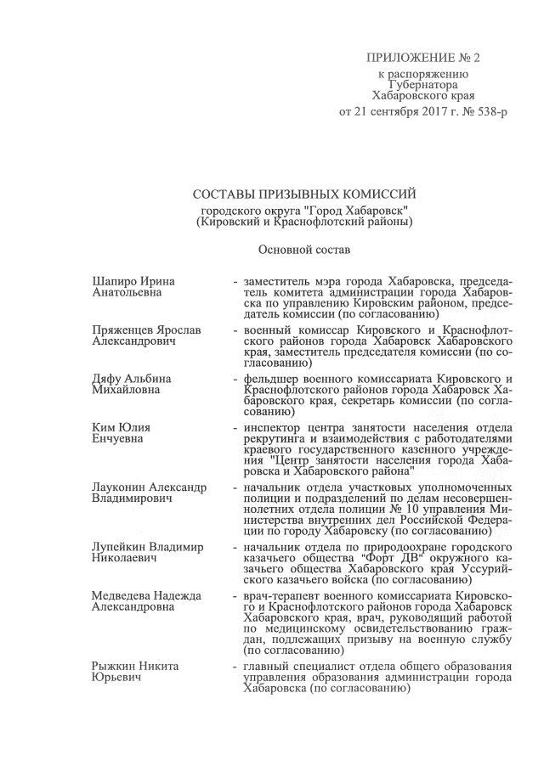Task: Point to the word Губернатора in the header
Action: click(x=422, y=86)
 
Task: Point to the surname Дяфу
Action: click(x=109, y=376)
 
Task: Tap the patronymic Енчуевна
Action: click(x=117, y=438)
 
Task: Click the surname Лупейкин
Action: click(x=121, y=547)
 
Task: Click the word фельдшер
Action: click(x=270, y=376)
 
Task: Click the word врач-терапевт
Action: click(x=281, y=596)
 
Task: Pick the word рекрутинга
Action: click(x=275, y=437)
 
